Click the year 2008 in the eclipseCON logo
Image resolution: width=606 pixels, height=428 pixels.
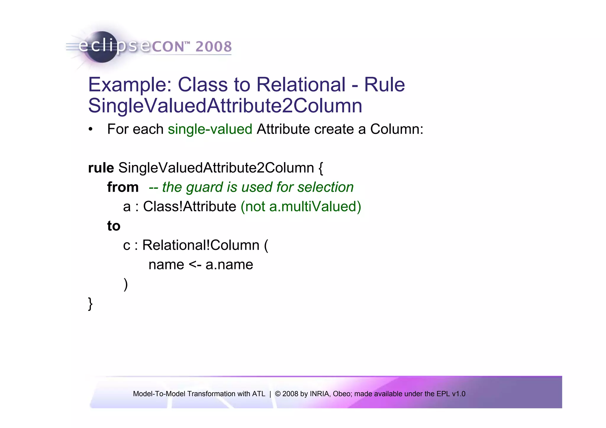click(x=213, y=47)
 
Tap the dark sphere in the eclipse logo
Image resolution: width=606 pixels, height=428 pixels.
click(x=102, y=47)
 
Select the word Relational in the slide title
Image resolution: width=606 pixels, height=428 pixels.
click(x=301, y=85)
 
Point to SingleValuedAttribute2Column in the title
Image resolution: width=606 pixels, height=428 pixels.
click(x=225, y=106)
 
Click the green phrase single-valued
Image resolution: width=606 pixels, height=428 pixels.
click(x=210, y=129)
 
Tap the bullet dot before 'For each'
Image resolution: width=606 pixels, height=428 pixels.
click(x=91, y=130)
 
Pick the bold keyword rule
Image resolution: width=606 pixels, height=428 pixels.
click(x=101, y=168)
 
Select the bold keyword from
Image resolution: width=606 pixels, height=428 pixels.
click(x=123, y=187)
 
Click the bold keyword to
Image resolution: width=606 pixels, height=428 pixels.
click(x=114, y=226)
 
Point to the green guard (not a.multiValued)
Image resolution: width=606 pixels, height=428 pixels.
click(x=301, y=206)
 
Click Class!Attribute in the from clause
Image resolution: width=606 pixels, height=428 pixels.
click(x=190, y=206)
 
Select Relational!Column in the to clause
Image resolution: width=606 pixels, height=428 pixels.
click(x=201, y=245)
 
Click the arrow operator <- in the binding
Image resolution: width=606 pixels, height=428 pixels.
click(x=195, y=265)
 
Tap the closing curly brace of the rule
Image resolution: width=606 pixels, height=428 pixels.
click(x=91, y=304)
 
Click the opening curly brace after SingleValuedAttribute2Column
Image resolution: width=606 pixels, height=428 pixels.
click(x=321, y=168)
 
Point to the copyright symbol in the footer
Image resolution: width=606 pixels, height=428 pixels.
click(x=278, y=394)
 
